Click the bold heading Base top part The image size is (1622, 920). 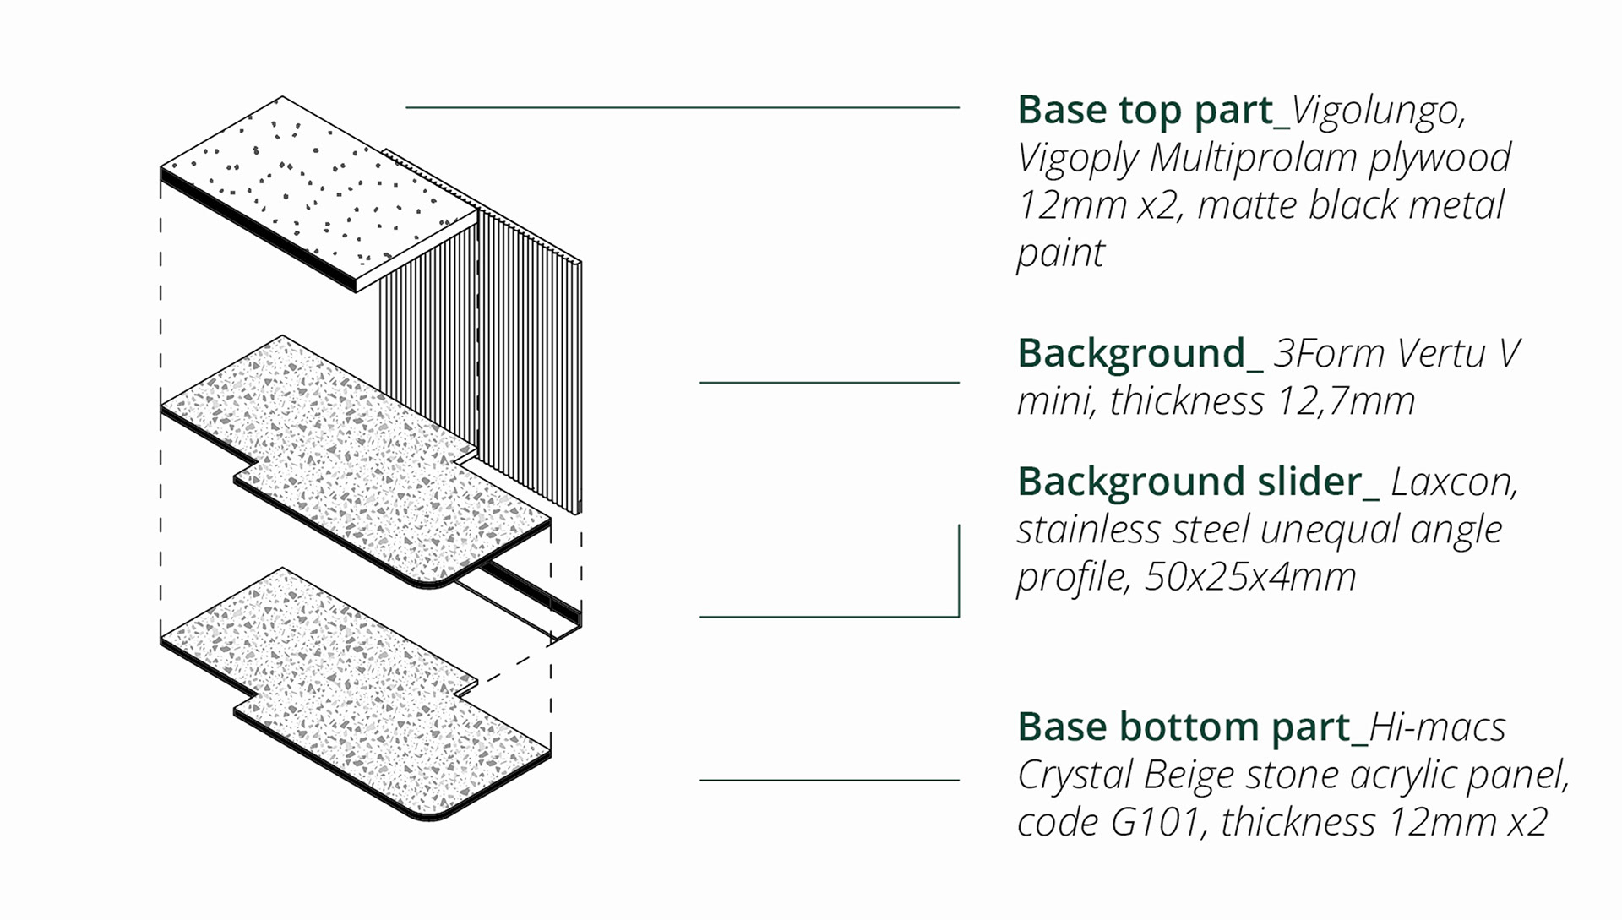1145,111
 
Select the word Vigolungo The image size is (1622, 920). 1378,111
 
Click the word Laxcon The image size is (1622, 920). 1454,482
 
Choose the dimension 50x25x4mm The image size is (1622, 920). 1250,577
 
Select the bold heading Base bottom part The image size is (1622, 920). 1184,727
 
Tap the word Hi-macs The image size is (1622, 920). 1437,727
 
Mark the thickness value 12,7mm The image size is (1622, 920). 1346,401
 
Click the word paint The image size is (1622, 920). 1060,253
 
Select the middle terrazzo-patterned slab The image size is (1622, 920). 355,460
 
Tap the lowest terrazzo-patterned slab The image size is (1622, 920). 355,693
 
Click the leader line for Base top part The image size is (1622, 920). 683,107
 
